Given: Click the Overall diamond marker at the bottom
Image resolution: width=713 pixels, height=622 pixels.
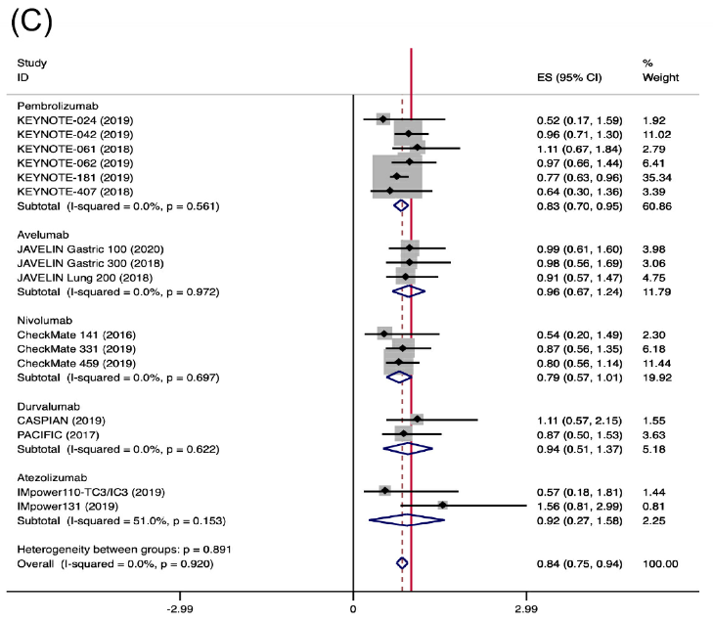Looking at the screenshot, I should (401, 563).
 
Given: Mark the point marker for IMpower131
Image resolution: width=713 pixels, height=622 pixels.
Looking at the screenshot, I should (442, 506).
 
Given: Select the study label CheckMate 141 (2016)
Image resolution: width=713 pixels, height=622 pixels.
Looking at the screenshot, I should (66, 333).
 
